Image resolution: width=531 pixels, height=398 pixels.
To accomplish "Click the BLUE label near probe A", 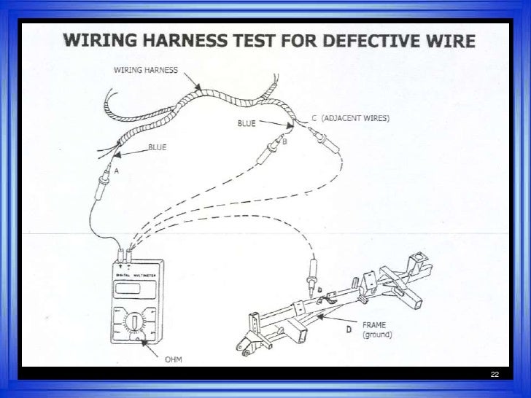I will click(x=158, y=147).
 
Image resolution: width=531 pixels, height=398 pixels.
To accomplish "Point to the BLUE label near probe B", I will click(x=247, y=124).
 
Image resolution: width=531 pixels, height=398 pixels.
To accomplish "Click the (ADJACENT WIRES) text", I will click(x=359, y=118).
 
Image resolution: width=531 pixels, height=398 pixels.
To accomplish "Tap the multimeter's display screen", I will click(x=129, y=287).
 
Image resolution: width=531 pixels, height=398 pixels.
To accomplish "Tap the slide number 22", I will click(x=495, y=374).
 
